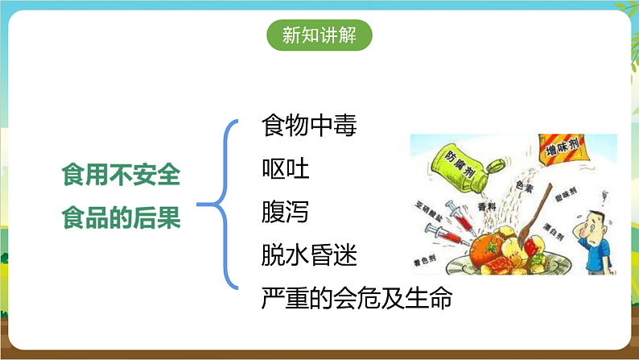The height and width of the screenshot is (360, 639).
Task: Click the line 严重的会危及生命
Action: pyautogui.click(x=357, y=299)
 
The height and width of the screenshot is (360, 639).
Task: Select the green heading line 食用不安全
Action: pyautogui.click(x=122, y=173)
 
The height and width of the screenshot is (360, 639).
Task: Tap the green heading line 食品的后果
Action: pyautogui.click(x=122, y=217)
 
